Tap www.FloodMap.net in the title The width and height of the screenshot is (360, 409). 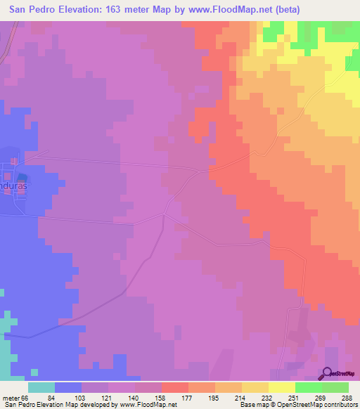pyautogui.click(x=231, y=10)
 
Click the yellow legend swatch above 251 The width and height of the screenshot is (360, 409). pyautogui.click(x=281, y=387)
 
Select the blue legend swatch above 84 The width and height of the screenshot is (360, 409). pyautogui.click(x=68, y=387)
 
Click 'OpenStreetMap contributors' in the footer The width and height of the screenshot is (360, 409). pyautogui.click(x=316, y=405)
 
